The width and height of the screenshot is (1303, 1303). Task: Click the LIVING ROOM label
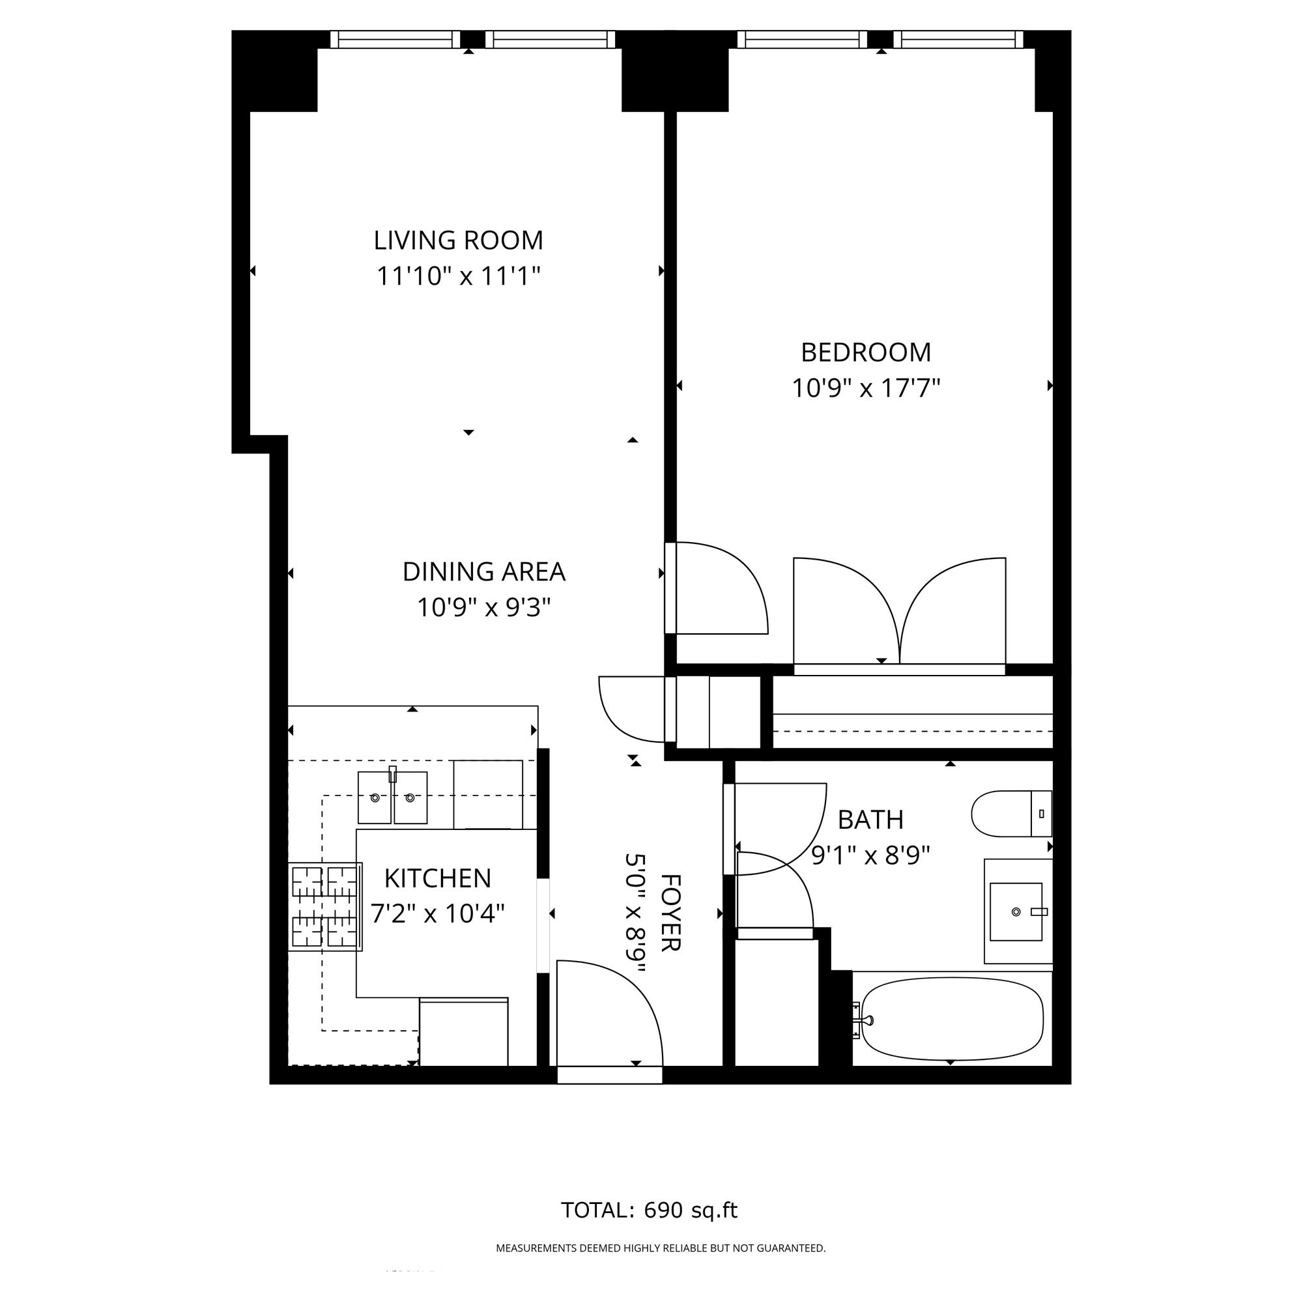(458, 240)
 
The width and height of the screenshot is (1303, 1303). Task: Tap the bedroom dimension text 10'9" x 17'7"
(865, 388)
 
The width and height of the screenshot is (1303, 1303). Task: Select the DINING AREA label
(483, 572)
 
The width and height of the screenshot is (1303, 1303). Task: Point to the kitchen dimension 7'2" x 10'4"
(438, 914)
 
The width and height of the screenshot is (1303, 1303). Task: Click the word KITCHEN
(438, 878)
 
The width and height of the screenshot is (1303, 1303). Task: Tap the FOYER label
(670, 913)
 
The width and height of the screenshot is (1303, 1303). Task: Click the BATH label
(870, 820)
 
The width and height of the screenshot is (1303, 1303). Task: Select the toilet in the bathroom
(1011, 813)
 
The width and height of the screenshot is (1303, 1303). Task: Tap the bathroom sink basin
(1016, 912)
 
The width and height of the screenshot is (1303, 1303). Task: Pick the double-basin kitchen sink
(392, 798)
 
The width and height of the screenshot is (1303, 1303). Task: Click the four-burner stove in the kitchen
(325, 907)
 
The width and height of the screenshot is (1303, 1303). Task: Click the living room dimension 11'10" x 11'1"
(459, 276)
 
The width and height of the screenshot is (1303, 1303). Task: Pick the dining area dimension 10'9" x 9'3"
(483, 608)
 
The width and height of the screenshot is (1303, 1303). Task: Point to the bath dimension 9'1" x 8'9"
(870, 855)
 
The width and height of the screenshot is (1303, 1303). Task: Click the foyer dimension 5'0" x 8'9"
(635, 913)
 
